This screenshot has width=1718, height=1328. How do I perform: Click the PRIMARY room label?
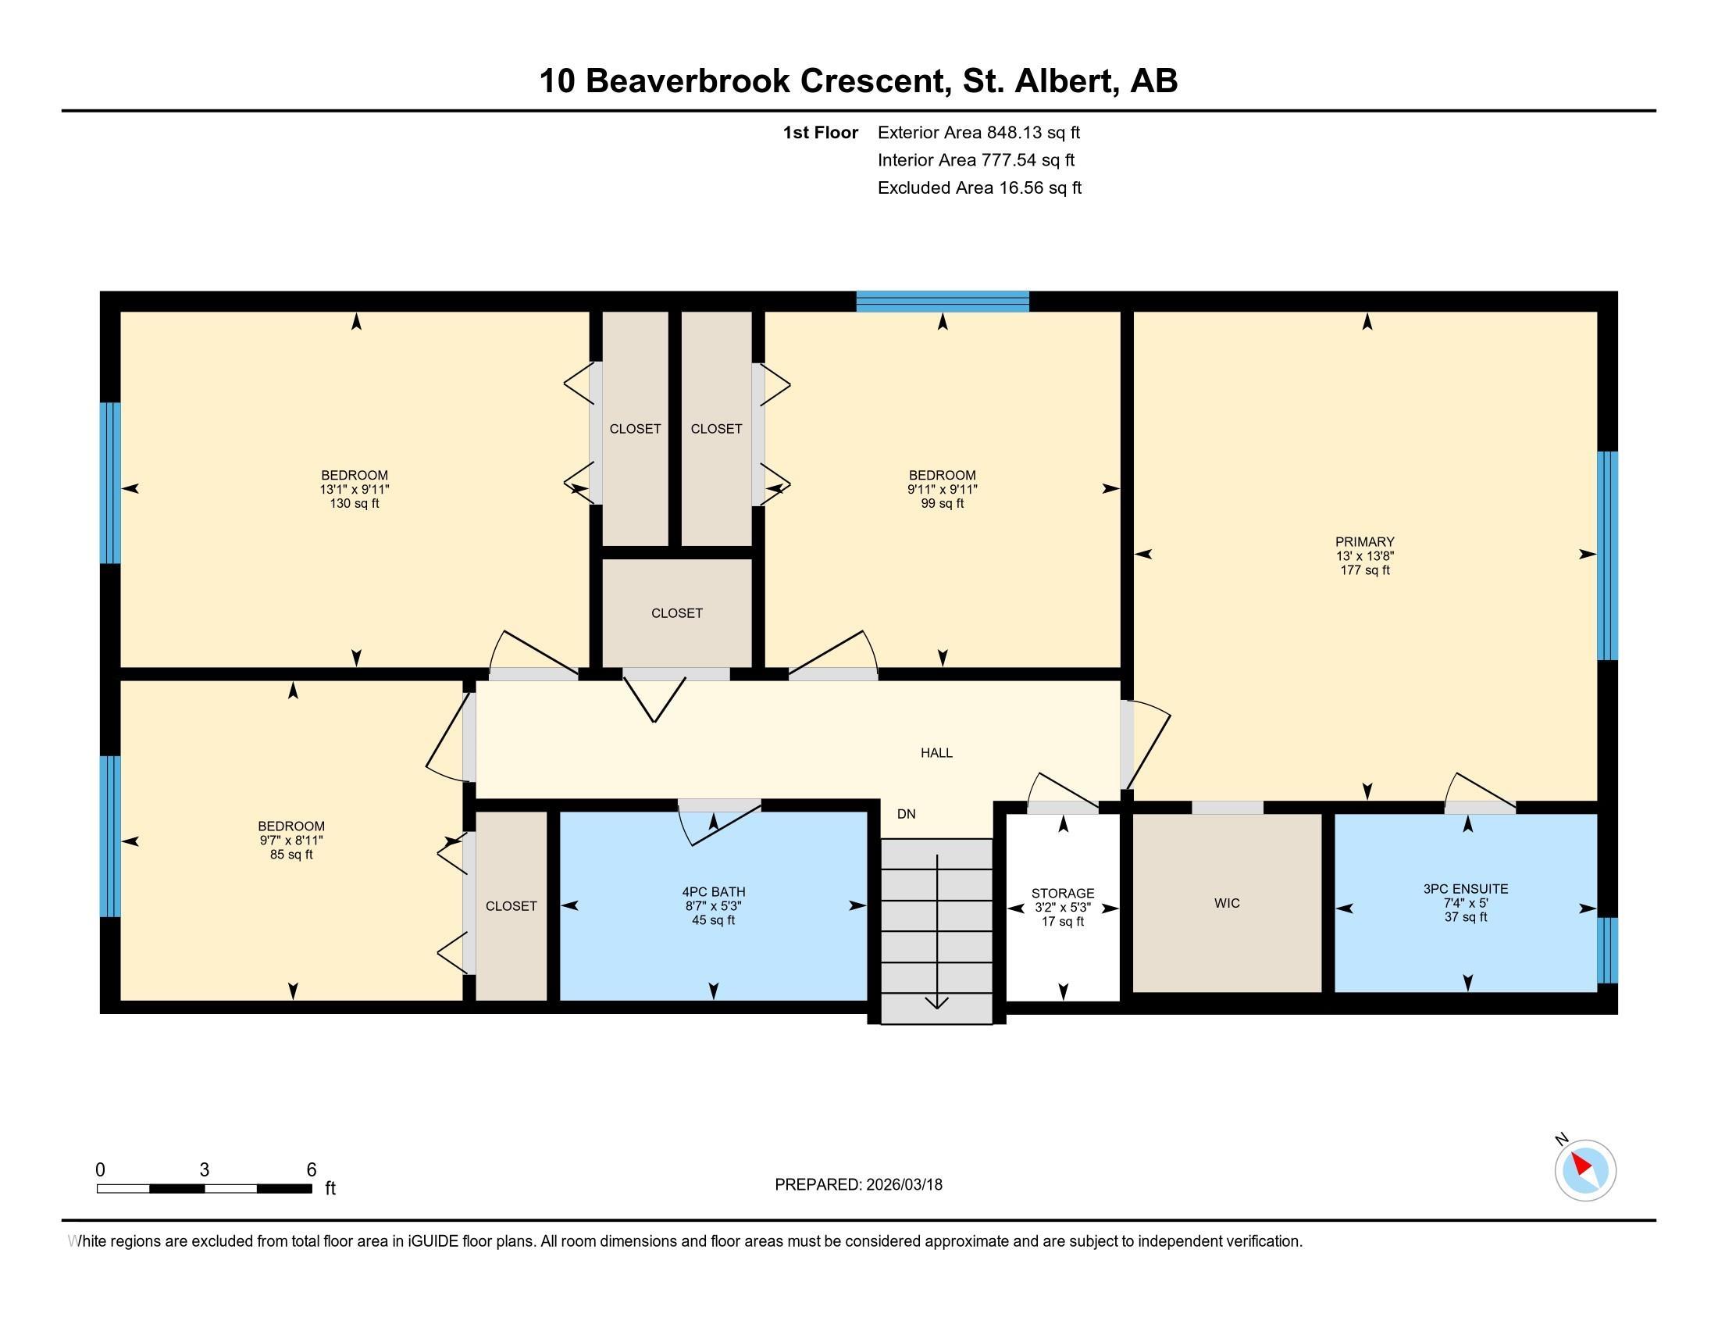click(x=1364, y=542)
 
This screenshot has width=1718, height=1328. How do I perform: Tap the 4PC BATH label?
click(x=714, y=892)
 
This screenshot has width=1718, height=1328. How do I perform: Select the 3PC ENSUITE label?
click(x=1466, y=889)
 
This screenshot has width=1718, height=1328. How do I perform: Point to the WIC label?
click(x=1226, y=903)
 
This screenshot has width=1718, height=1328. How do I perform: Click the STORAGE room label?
click(x=1063, y=894)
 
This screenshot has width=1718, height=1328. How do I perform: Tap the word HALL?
click(x=936, y=753)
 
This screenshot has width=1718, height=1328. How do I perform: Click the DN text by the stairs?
click(x=906, y=814)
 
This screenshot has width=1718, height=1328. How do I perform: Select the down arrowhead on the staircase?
click(x=936, y=1002)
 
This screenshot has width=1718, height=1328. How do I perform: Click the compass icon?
click(x=1584, y=1170)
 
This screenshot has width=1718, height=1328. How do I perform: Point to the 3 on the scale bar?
click(x=205, y=1170)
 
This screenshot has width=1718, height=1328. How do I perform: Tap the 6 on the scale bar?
click(x=312, y=1170)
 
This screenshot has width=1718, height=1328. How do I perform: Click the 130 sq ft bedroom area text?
click(x=354, y=504)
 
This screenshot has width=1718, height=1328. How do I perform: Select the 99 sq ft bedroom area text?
click(x=943, y=504)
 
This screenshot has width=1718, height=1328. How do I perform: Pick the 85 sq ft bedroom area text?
click(x=291, y=855)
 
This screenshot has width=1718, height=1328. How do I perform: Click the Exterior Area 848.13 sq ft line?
click(x=978, y=133)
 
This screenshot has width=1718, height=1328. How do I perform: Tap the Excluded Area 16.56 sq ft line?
click(x=979, y=188)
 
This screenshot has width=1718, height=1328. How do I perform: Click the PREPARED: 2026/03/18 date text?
click(x=858, y=1185)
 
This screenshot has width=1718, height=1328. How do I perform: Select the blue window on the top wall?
click(x=943, y=302)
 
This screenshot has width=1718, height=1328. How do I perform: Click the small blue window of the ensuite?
click(x=1607, y=950)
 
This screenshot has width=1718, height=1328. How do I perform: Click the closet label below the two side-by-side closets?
click(x=676, y=614)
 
